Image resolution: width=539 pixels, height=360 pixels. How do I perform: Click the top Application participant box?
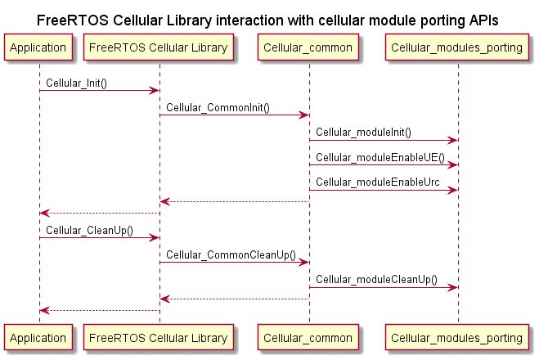pos(38,48)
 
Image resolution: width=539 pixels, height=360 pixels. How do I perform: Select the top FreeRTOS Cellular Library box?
pos(159,48)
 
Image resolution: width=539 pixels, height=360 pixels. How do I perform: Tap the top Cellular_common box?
pos(308,48)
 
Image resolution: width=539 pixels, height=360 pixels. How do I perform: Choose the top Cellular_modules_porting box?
pos(457,48)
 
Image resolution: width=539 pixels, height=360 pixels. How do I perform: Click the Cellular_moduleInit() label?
pos(364,133)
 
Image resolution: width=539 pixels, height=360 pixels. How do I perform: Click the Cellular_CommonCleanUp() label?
pos(231,255)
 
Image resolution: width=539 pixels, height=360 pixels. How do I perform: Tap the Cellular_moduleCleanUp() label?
pos(377,280)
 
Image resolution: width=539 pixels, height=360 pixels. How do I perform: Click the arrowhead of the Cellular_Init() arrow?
pos(155,90)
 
